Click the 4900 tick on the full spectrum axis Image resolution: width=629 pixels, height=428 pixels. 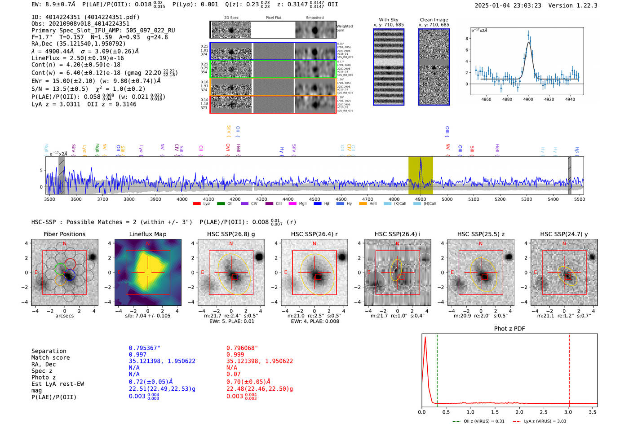[x=421, y=199]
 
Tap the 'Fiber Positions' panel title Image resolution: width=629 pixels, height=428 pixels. [x=64, y=234]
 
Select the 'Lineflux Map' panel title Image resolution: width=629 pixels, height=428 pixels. [x=147, y=234]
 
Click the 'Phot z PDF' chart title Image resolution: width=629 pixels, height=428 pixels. [x=509, y=329]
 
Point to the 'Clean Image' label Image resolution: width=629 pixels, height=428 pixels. [x=434, y=20]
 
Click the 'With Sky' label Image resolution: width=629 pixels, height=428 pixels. [x=389, y=20]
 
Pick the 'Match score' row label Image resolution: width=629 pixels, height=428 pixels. [x=50, y=358]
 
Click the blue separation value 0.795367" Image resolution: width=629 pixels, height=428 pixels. [x=144, y=348]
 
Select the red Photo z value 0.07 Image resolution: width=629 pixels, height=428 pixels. [x=233, y=374]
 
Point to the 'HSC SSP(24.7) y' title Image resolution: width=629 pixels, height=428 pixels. [x=564, y=234]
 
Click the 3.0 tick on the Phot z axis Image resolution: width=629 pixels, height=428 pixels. [x=568, y=412]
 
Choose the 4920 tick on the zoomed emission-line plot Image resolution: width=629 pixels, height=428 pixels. [x=549, y=99]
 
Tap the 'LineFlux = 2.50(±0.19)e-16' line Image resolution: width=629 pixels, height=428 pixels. [x=77, y=58]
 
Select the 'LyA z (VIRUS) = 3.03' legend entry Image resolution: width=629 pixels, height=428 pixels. [x=540, y=421]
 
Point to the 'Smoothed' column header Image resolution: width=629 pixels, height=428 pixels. [x=314, y=18]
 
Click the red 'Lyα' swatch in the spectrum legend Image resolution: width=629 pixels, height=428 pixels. [x=197, y=204]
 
